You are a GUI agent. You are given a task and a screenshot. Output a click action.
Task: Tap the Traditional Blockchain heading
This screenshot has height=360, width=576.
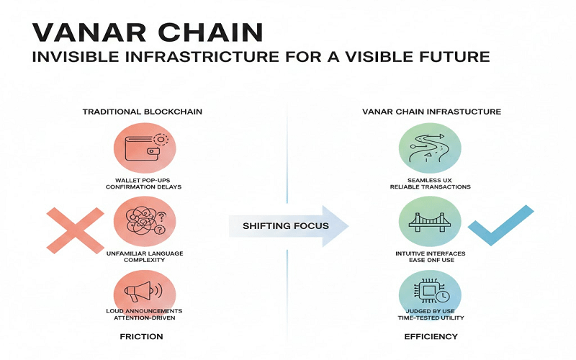click(142, 112)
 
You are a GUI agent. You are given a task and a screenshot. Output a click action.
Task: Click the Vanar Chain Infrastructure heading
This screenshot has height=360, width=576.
click(431, 112)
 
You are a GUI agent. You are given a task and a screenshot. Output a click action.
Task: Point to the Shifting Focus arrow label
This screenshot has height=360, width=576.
click(286, 226)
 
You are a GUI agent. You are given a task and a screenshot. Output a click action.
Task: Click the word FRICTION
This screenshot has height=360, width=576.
click(142, 337)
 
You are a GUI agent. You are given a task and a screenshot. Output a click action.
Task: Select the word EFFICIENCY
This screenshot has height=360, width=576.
click(431, 337)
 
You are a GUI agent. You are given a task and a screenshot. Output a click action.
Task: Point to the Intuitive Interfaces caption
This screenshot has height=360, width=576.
click(429, 253)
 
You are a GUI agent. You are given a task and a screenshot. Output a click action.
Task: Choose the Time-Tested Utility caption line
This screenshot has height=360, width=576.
click(429, 318)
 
